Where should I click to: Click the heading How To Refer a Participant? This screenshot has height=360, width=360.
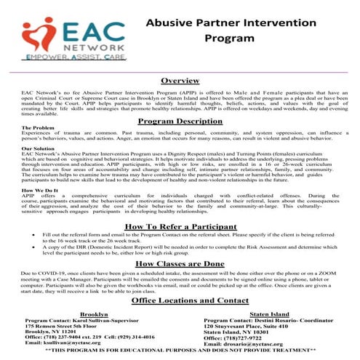(x=180, y=227)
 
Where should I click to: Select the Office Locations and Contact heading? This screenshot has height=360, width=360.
(x=180, y=300)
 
